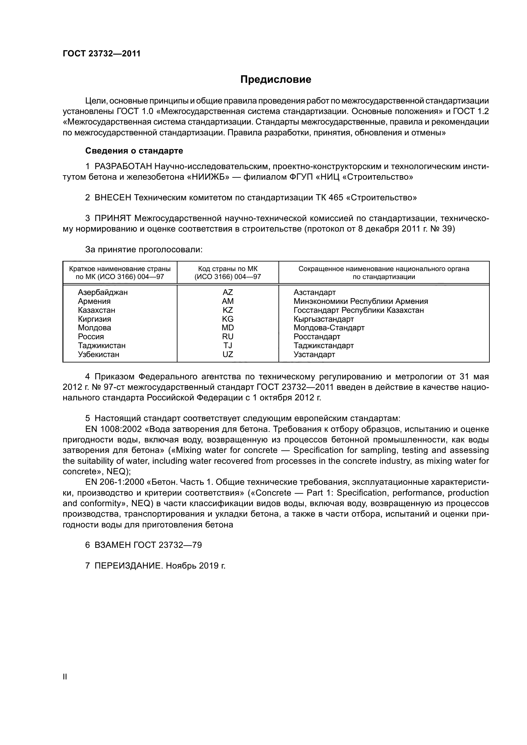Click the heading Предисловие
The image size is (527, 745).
(x=276, y=80)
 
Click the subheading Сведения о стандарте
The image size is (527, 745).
(x=134, y=151)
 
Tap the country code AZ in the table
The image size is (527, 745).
(x=227, y=292)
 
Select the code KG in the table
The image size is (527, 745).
(x=227, y=319)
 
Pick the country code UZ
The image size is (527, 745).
(x=227, y=354)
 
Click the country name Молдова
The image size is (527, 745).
(x=94, y=328)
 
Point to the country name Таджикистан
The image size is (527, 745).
(x=102, y=346)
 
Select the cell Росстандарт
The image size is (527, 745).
(x=317, y=336)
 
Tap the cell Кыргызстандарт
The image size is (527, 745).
(x=323, y=319)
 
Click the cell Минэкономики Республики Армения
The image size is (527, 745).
(x=361, y=301)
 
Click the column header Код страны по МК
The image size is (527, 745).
(x=227, y=269)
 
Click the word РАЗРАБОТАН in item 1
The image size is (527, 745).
(x=123, y=167)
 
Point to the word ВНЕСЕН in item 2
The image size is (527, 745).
(x=112, y=197)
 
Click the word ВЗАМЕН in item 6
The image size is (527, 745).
(x=112, y=545)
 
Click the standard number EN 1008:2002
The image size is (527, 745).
(x=113, y=429)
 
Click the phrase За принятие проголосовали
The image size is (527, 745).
(x=144, y=249)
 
